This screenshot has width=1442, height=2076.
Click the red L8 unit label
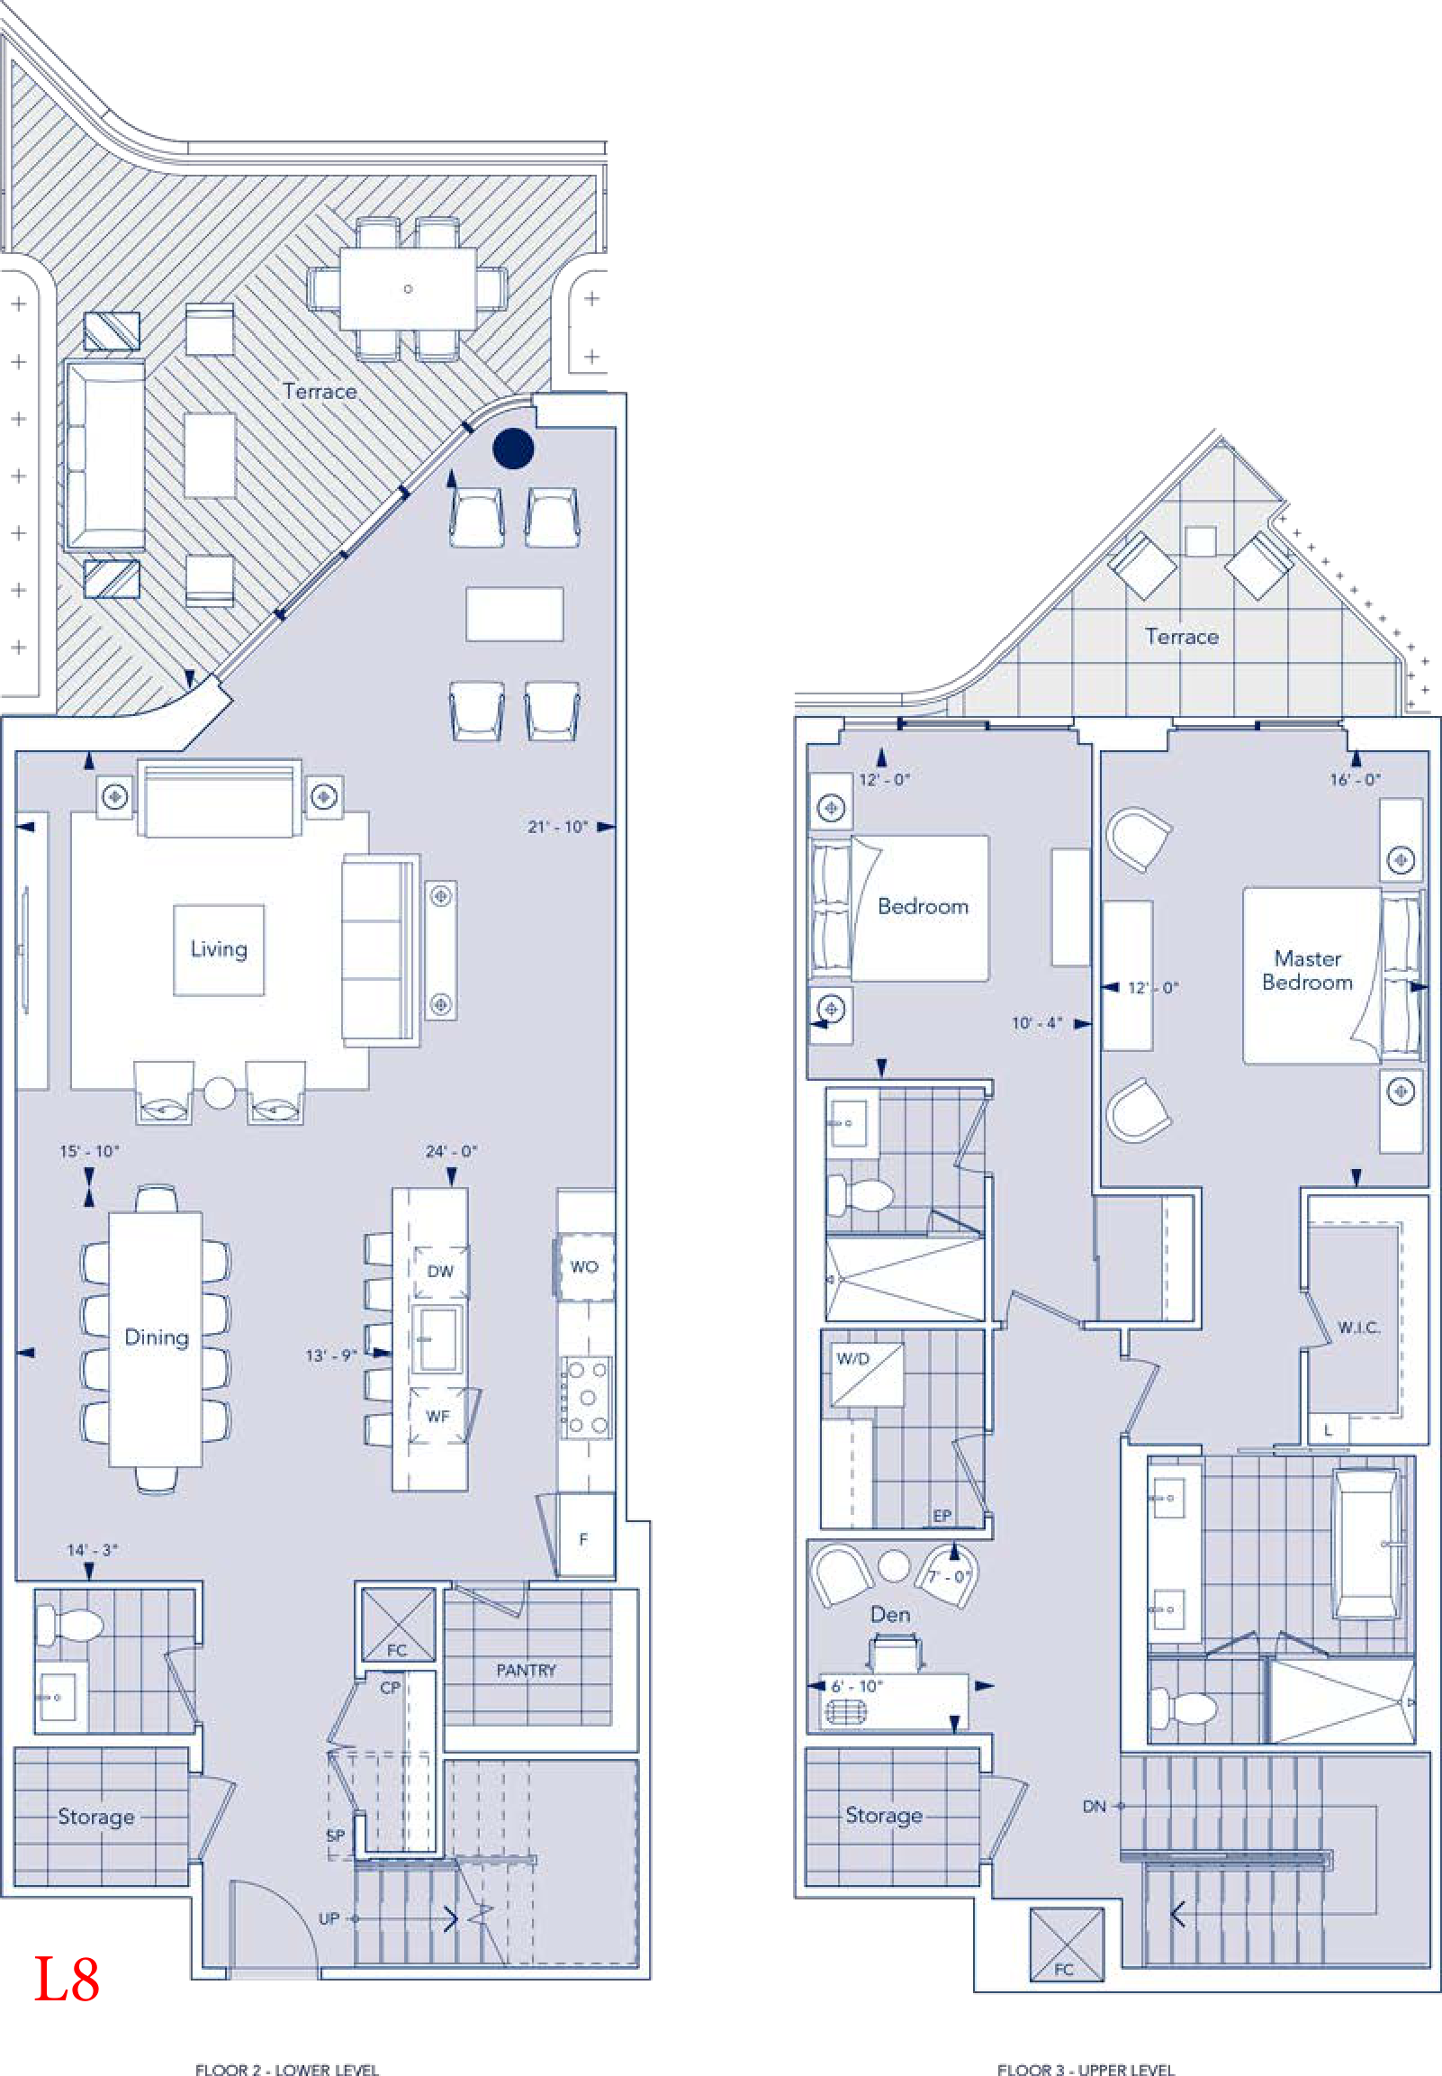click(67, 1979)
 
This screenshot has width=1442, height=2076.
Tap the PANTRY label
click(526, 1669)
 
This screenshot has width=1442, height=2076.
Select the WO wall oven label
click(583, 1266)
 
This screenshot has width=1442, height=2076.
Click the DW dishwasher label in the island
click(440, 1271)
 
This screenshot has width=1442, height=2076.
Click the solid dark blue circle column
click(513, 449)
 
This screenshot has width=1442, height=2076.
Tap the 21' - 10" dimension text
click(557, 826)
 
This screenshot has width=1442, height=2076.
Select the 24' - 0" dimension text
click(451, 1150)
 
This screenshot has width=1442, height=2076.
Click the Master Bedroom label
click(1307, 970)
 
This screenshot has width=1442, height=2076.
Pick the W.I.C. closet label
click(1358, 1327)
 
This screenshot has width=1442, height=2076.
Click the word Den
click(890, 1613)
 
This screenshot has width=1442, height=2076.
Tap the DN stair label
click(1095, 1806)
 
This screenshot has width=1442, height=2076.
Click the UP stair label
click(329, 1917)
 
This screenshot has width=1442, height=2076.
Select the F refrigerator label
click(583, 1538)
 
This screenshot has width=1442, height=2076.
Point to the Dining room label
click(157, 1337)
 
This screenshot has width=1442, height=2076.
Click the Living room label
click(219, 949)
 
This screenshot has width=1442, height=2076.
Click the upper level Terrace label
click(1182, 636)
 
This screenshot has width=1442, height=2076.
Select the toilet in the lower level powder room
click(70, 1626)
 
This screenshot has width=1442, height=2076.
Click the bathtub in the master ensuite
click(1367, 1544)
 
